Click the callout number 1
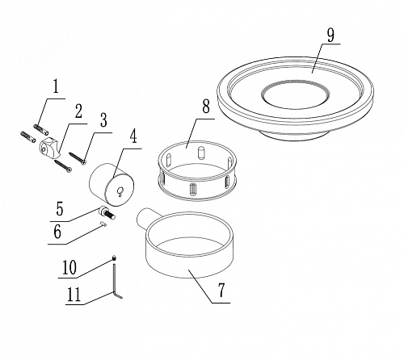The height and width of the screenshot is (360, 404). pyautogui.click(x=56, y=86)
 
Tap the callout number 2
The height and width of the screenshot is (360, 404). pyautogui.click(x=78, y=111)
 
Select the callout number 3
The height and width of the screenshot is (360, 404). pyautogui.click(x=103, y=120)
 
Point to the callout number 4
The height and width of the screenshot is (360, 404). pyautogui.click(x=133, y=136)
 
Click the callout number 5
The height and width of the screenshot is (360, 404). pyautogui.click(x=60, y=209)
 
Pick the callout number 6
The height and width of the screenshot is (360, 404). pyautogui.click(x=57, y=232)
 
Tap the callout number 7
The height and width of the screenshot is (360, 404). pyautogui.click(x=221, y=291)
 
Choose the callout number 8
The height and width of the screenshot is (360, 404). pyautogui.click(x=206, y=107)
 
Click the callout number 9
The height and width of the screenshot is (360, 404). pyautogui.click(x=331, y=36)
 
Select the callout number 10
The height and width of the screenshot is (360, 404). pyautogui.click(x=69, y=267)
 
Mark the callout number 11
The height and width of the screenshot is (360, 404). pyautogui.click(x=74, y=295)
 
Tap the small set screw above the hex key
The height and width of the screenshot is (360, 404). pyautogui.click(x=114, y=258)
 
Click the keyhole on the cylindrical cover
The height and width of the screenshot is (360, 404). pyautogui.click(x=120, y=191)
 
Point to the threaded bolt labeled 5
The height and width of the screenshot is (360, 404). pyautogui.click(x=107, y=212)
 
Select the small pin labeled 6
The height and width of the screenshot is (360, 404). pyautogui.click(x=103, y=224)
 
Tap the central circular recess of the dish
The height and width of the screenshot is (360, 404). pyautogui.click(x=296, y=94)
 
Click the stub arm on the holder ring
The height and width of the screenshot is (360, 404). pyautogui.click(x=146, y=218)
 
